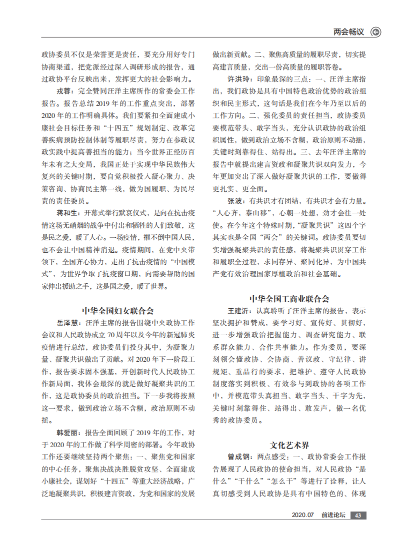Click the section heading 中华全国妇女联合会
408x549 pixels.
(x=118, y=310)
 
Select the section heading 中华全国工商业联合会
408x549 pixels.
(x=289, y=299)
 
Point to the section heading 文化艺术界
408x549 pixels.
(x=289, y=445)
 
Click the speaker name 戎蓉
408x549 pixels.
(x=63, y=91)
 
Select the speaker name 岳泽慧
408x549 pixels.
(x=66, y=322)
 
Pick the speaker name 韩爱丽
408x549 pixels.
(x=66, y=432)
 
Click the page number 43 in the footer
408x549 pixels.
(x=358, y=516)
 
